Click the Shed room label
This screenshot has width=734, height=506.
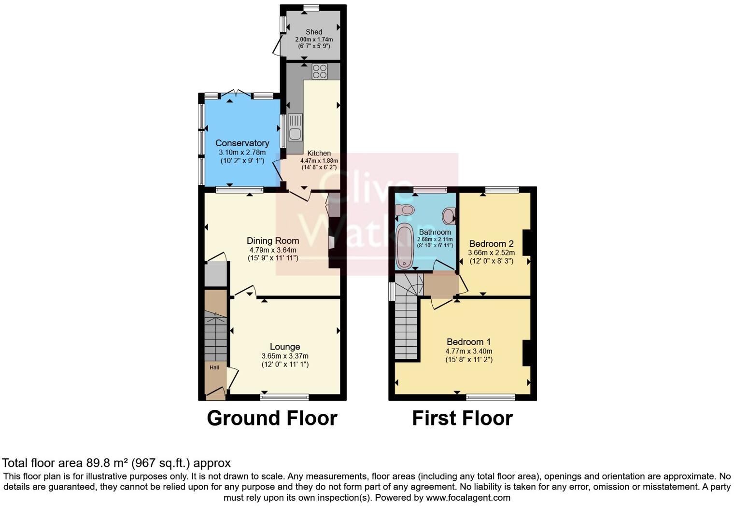coord(314,32)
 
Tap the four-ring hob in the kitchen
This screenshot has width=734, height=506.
coord(319,71)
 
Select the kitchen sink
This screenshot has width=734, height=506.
coord(295,128)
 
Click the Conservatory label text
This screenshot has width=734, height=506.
coord(242,143)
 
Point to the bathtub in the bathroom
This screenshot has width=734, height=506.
coord(404,246)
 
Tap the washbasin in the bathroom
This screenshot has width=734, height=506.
coord(449,215)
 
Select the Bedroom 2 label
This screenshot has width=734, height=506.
coord(491,244)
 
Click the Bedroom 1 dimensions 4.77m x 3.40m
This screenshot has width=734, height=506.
coord(468,351)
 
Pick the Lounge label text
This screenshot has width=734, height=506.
coord(285,347)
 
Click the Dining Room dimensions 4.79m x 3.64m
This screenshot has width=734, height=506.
coord(273,250)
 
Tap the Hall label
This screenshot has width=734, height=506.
coord(214,367)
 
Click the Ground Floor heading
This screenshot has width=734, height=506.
coord(272,418)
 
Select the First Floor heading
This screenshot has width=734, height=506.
coord(462,418)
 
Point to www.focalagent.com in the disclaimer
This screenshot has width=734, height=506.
coord(468,497)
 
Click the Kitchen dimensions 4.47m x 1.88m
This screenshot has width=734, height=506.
coord(319,161)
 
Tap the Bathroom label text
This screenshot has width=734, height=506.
coord(435,232)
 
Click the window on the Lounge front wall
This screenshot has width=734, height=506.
coord(284,397)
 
